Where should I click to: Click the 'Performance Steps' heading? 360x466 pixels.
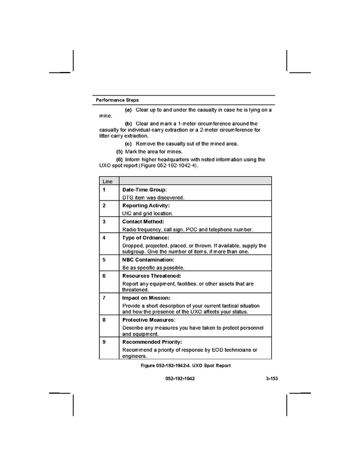117,100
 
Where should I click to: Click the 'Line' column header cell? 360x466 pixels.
107,181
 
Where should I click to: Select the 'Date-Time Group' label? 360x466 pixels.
145,190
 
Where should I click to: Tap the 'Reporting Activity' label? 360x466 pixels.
146,206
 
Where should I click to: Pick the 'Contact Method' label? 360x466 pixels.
143,221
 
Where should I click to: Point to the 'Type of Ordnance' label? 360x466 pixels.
146,237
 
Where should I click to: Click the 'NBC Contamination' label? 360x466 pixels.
148,259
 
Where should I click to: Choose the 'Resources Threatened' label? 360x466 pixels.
151,276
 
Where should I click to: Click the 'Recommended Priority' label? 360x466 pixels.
152,342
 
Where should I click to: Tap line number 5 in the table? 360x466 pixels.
104,259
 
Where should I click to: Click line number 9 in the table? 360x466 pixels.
104,342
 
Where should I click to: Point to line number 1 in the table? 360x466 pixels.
104,190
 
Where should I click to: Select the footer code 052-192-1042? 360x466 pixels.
180,379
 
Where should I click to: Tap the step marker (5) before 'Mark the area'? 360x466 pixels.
120,151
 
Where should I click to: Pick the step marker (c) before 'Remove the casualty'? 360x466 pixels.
128,144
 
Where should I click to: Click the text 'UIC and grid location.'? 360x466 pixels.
148,213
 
